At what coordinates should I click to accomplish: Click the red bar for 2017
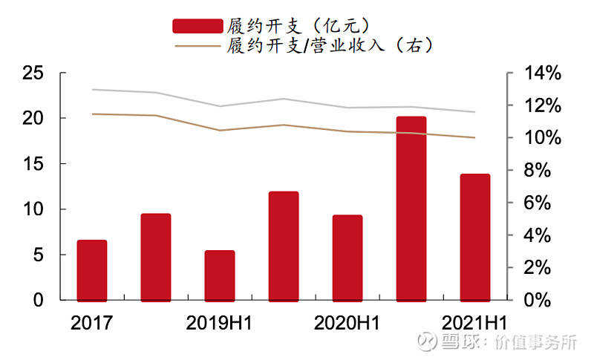click(92, 271)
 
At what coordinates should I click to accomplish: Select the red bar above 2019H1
click(220, 276)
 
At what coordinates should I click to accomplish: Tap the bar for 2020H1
click(347, 258)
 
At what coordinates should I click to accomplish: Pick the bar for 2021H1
click(475, 238)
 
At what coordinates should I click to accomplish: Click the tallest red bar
click(411, 209)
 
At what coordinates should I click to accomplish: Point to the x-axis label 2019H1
click(219, 323)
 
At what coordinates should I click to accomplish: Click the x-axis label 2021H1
click(474, 323)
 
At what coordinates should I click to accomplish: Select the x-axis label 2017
click(91, 323)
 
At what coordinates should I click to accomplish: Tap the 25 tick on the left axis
click(33, 73)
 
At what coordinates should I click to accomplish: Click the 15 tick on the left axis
click(33, 164)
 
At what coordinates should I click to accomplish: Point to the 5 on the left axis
click(39, 255)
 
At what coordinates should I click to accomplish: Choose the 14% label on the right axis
click(543, 73)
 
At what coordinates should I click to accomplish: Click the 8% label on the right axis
click(538, 170)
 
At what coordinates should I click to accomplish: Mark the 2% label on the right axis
click(538, 268)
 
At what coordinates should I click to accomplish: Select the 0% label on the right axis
click(538, 300)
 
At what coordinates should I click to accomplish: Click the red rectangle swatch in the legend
click(198, 26)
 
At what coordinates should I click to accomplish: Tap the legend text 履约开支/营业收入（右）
click(330, 46)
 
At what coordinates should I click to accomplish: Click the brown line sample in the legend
click(198, 46)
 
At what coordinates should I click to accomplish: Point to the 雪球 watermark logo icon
click(427, 341)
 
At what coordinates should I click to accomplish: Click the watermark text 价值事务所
click(535, 342)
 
